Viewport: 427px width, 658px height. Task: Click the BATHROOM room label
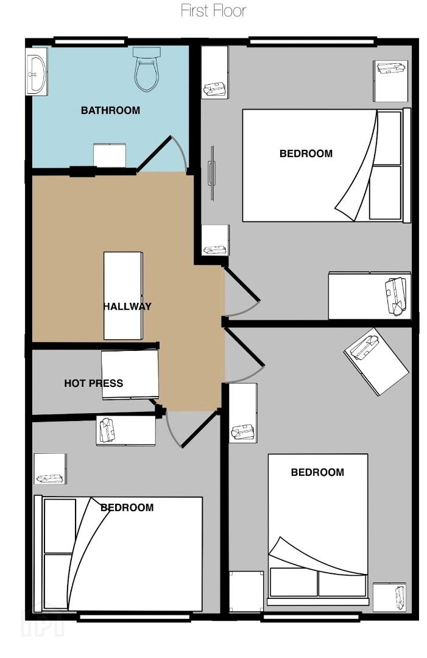point(110,110)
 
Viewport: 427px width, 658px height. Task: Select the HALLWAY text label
point(127,306)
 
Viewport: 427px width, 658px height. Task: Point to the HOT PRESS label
point(94,383)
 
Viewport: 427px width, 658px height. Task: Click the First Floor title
point(213,10)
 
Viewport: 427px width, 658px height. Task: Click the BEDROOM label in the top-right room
point(306,154)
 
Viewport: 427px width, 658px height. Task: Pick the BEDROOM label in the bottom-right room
point(317,473)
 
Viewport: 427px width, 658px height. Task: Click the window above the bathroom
point(91,41)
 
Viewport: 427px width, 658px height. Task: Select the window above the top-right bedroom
point(312,41)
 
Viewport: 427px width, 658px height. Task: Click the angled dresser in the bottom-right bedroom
point(376,361)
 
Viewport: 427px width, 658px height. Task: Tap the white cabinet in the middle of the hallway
point(123,295)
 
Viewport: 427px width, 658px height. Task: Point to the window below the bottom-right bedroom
point(311,617)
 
